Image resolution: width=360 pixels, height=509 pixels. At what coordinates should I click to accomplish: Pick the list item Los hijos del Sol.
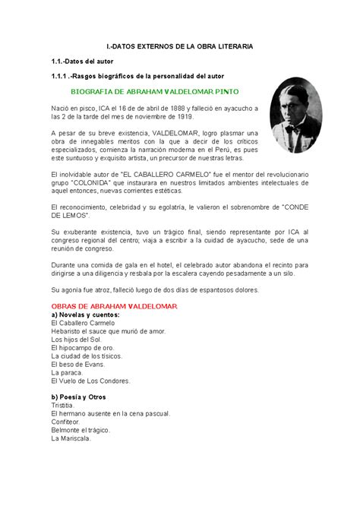(77, 339)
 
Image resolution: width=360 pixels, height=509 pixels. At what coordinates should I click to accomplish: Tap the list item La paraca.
(65, 372)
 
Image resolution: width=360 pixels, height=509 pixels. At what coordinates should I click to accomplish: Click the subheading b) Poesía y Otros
(79, 397)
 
